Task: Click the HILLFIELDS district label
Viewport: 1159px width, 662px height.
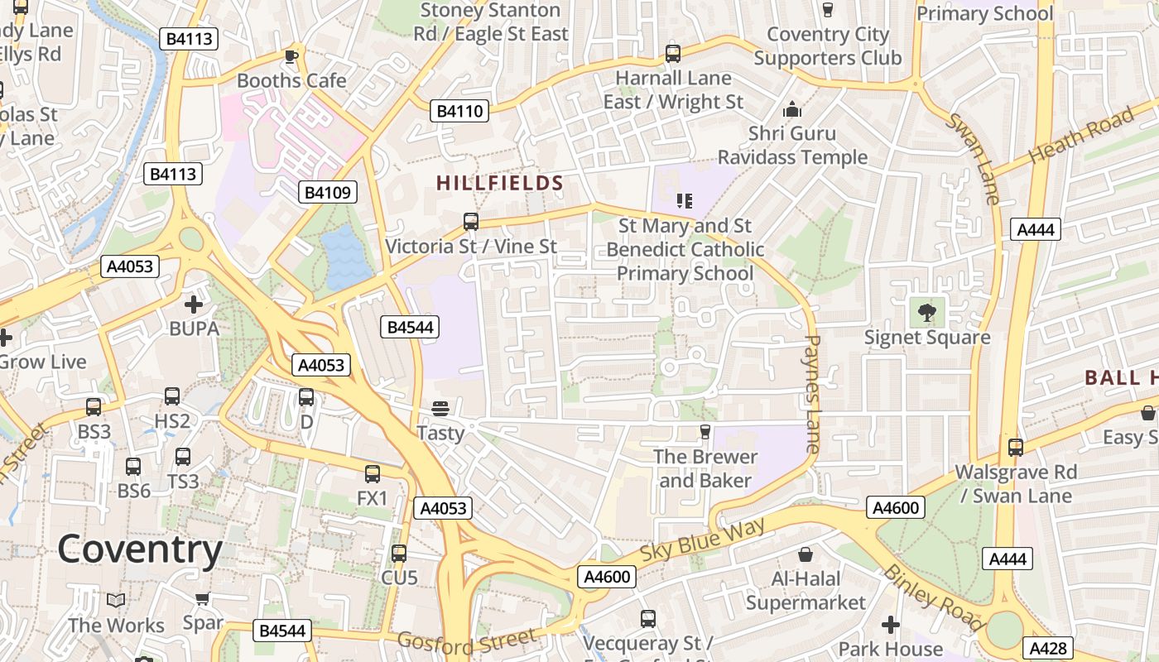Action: pos(500,184)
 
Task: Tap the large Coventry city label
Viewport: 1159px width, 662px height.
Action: pos(140,549)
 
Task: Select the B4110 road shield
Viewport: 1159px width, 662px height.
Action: pos(459,111)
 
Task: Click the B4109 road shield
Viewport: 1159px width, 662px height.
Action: pos(328,193)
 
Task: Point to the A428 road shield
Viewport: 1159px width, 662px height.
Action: pos(1049,648)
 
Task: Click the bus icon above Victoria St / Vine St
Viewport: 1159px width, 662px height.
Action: pos(471,221)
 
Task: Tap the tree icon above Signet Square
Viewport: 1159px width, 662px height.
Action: pos(926,313)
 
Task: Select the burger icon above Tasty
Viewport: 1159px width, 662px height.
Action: pos(440,408)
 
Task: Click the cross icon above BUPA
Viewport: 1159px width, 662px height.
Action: pos(194,305)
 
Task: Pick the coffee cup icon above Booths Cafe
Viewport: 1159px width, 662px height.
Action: pos(291,56)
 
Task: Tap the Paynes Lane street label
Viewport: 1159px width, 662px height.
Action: pos(811,393)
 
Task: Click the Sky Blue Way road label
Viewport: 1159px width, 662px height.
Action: pos(703,543)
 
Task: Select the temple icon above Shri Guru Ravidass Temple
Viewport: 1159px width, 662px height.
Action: pos(792,109)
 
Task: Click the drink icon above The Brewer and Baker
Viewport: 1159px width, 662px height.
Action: pos(705,431)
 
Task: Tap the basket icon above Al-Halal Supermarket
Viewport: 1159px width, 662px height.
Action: pos(806,554)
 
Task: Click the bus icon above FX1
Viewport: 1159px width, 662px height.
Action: pos(373,473)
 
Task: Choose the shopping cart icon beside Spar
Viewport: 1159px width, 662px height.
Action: pos(201,598)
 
